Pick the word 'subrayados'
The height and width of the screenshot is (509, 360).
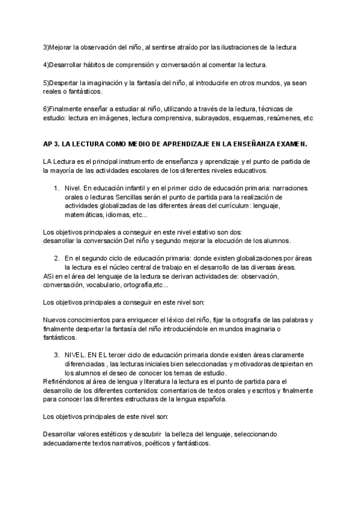pyautogui.click(x=221, y=118)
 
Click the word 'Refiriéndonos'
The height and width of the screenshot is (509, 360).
pyautogui.click(x=65, y=381)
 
